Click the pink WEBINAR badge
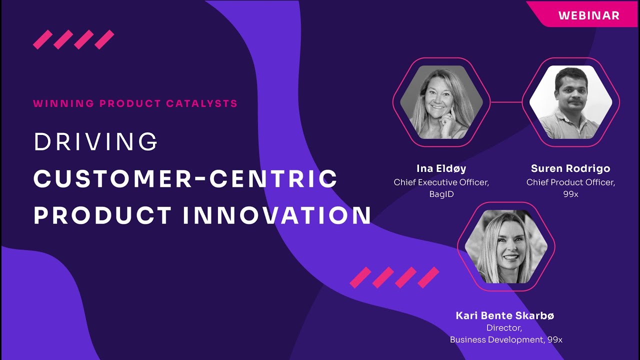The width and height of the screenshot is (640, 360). [x=588, y=15]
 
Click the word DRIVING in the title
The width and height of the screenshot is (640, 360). [x=95, y=142]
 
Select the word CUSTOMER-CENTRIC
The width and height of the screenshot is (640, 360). [x=185, y=179]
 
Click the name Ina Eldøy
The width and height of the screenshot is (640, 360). [x=441, y=168]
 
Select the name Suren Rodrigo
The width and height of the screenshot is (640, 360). [x=570, y=168]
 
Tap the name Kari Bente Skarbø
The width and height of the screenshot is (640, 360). [x=505, y=315]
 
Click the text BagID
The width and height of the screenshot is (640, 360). [x=441, y=194]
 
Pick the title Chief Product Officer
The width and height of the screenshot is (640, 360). [x=570, y=182]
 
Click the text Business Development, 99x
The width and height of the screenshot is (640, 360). [x=506, y=339]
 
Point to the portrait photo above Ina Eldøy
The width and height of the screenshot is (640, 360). [x=441, y=102]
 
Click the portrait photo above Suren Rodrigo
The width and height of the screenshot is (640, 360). [x=570, y=102]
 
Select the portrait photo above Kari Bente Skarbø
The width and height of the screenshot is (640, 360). [x=506, y=246]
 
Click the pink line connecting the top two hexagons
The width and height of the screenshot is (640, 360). [x=506, y=102]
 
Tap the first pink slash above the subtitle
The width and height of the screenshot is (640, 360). [x=43, y=39]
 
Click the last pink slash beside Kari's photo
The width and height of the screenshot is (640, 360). [x=428, y=277]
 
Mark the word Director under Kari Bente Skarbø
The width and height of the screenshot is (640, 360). [x=503, y=328]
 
